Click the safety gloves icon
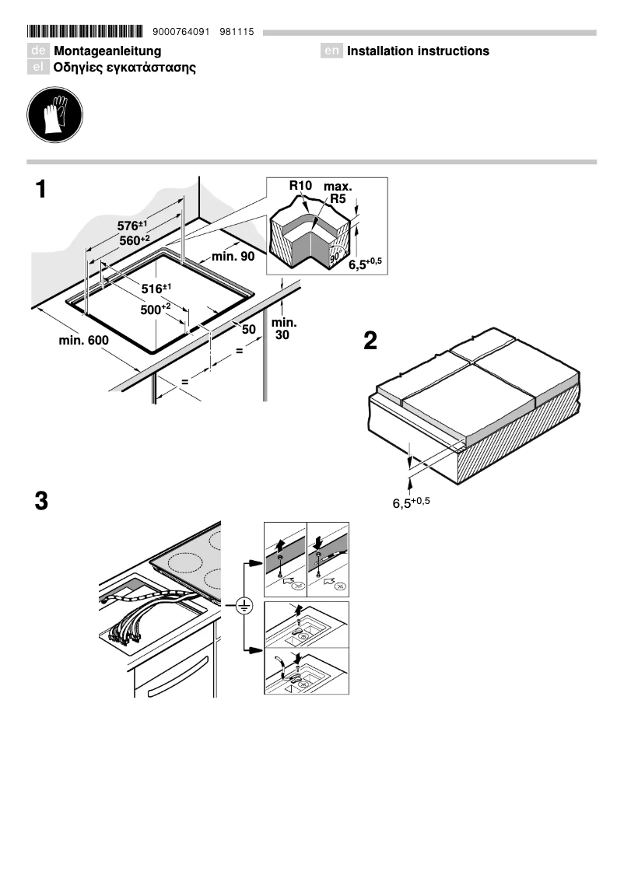pyautogui.click(x=54, y=117)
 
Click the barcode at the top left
pyautogui.click(x=85, y=32)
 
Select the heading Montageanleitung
pyautogui.click(x=107, y=51)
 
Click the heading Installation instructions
pyautogui.click(x=418, y=51)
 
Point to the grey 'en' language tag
pyautogui.click(x=332, y=51)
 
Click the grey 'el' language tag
pyautogui.click(x=38, y=68)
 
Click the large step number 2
pyautogui.click(x=370, y=341)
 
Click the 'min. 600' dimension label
pyautogui.click(x=83, y=341)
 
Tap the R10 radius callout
pyautogui.click(x=300, y=186)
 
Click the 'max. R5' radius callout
pyautogui.click(x=338, y=193)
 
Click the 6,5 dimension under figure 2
pyautogui.click(x=410, y=503)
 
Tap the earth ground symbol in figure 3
pyautogui.click(x=244, y=604)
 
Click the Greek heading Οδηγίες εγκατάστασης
pyautogui.click(x=124, y=68)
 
